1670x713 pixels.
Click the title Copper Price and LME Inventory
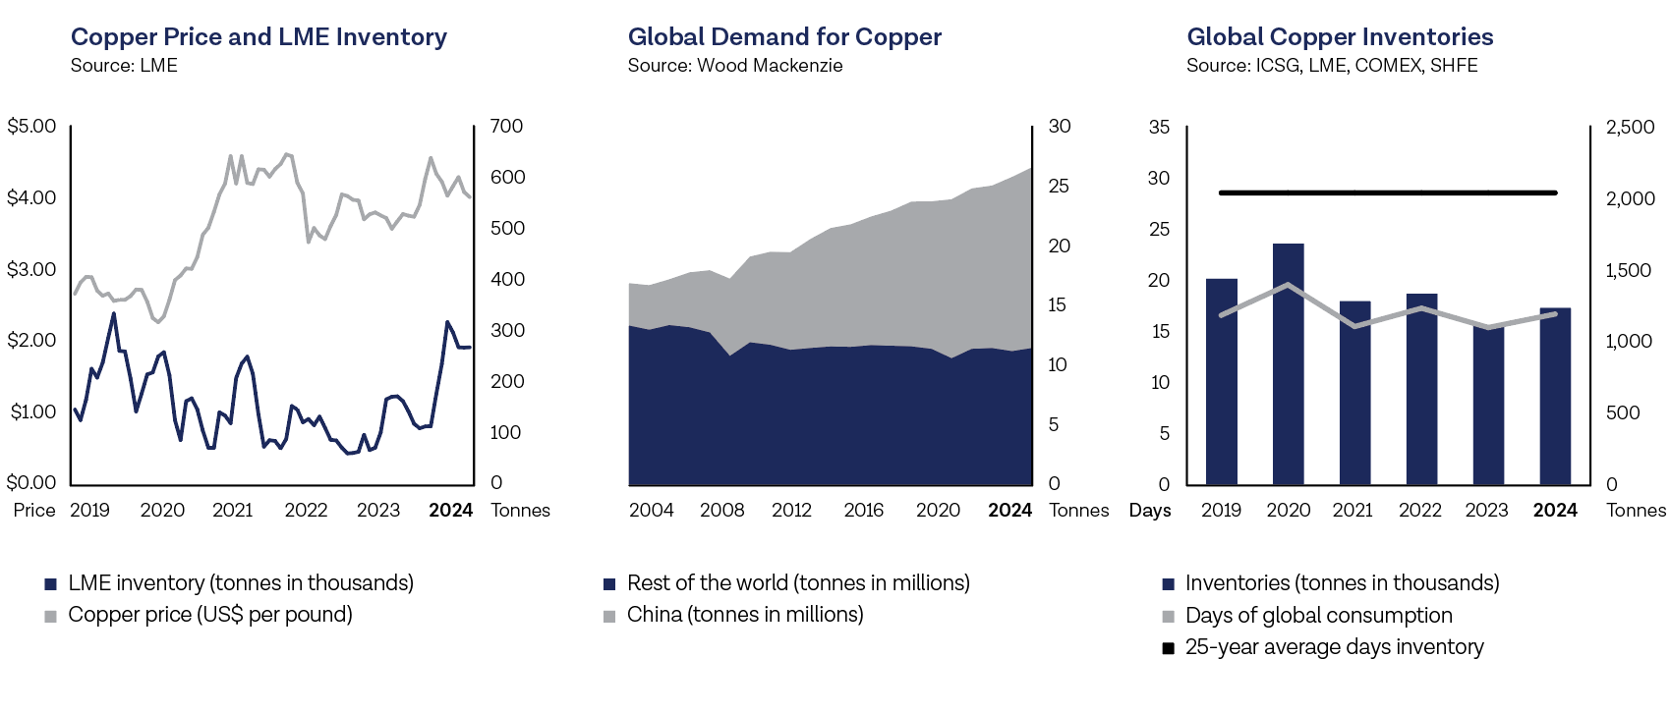(259, 37)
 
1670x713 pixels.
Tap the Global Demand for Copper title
(784, 37)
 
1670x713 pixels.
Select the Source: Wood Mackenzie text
(735, 66)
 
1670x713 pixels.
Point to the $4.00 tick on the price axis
(31, 197)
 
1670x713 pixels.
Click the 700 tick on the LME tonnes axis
(506, 126)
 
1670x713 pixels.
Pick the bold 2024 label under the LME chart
(451, 510)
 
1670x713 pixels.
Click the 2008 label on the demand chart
(721, 510)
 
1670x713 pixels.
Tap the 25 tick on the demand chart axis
(1059, 186)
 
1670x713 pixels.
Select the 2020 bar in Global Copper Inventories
(1288, 363)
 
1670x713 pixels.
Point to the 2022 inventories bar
(1421, 389)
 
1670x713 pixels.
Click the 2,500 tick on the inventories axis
(1630, 127)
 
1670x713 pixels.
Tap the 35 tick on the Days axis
(1159, 127)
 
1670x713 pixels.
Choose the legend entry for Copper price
(209, 615)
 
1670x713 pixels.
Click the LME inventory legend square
(51, 584)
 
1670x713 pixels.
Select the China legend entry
(744, 615)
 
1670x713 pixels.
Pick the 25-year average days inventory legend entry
(1334, 647)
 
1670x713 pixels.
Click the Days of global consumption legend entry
(1318, 616)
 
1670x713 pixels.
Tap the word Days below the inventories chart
(1150, 510)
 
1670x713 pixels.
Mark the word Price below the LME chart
(34, 510)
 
